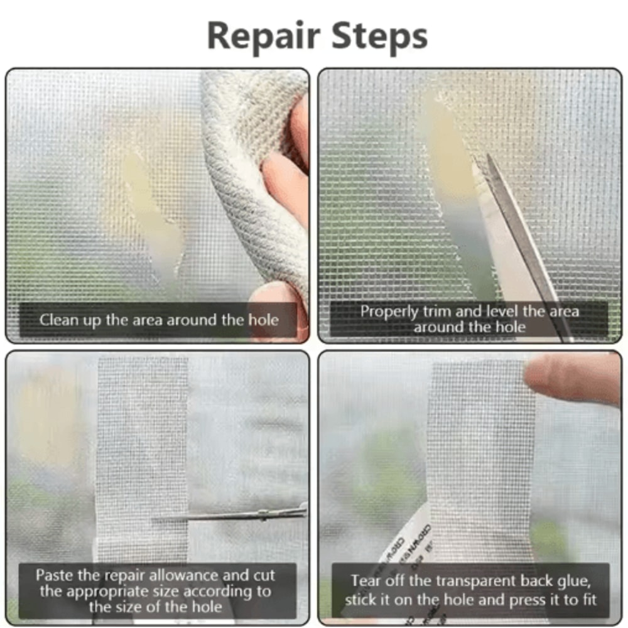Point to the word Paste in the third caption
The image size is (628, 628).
tap(55, 575)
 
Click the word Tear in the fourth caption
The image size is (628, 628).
tap(366, 581)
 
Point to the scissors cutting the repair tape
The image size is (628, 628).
tap(239, 515)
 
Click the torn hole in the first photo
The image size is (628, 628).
tap(154, 207)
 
